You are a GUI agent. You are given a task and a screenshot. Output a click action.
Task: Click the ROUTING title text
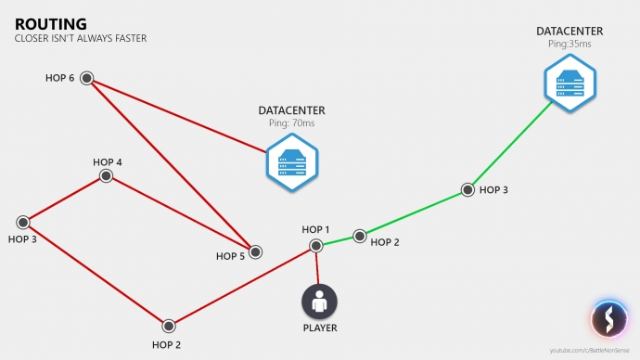click(x=51, y=23)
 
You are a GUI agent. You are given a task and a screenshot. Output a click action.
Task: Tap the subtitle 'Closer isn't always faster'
click(x=81, y=39)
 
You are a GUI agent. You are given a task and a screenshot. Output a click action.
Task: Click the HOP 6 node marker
click(x=86, y=78)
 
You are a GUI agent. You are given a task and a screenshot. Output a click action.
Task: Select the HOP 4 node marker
click(x=107, y=175)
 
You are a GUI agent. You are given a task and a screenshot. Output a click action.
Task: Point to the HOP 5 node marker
click(x=255, y=251)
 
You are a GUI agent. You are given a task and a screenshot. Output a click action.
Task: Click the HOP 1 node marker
click(x=316, y=245)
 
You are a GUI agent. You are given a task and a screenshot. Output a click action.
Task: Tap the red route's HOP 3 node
click(x=23, y=223)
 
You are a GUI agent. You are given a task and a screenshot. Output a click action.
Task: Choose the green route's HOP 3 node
click(x=467, y=191)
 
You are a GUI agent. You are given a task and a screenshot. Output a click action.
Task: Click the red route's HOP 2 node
click(x=169, y=326)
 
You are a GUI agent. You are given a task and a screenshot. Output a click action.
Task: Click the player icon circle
click(x=319, y=301)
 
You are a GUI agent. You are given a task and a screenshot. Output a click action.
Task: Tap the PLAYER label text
click(x=320, y=328)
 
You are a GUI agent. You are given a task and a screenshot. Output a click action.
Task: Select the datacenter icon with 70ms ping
click(x=291, y=161)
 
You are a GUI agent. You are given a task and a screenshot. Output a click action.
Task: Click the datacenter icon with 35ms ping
click(x=569, y=83)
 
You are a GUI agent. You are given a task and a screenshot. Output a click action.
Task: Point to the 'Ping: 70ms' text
click(x=291, y=123)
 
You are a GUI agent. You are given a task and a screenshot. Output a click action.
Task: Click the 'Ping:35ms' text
click(x=570, y=44)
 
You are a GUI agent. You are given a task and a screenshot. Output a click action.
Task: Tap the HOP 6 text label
click(x=59, y=78)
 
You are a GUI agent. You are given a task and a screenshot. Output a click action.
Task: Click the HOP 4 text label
click(x=108, y=161)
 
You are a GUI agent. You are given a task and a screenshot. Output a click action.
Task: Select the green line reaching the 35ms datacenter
click(x=515, y=145)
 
